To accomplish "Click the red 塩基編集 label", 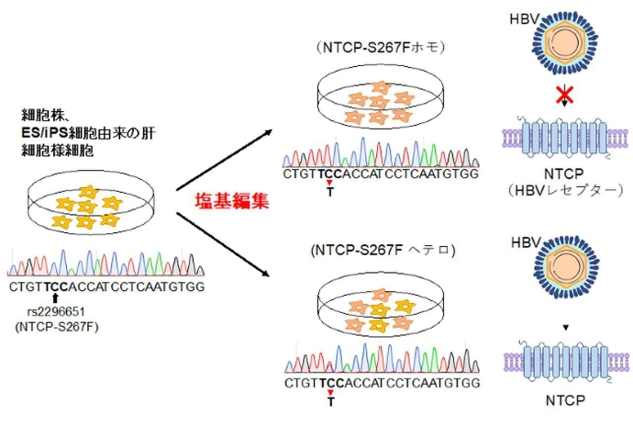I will [x=236, y=201].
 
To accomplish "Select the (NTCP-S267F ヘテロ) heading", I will [x=383, y=249].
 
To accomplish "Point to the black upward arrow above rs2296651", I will [x=56, y=298].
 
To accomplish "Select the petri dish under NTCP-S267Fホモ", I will [x=377, y=101].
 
